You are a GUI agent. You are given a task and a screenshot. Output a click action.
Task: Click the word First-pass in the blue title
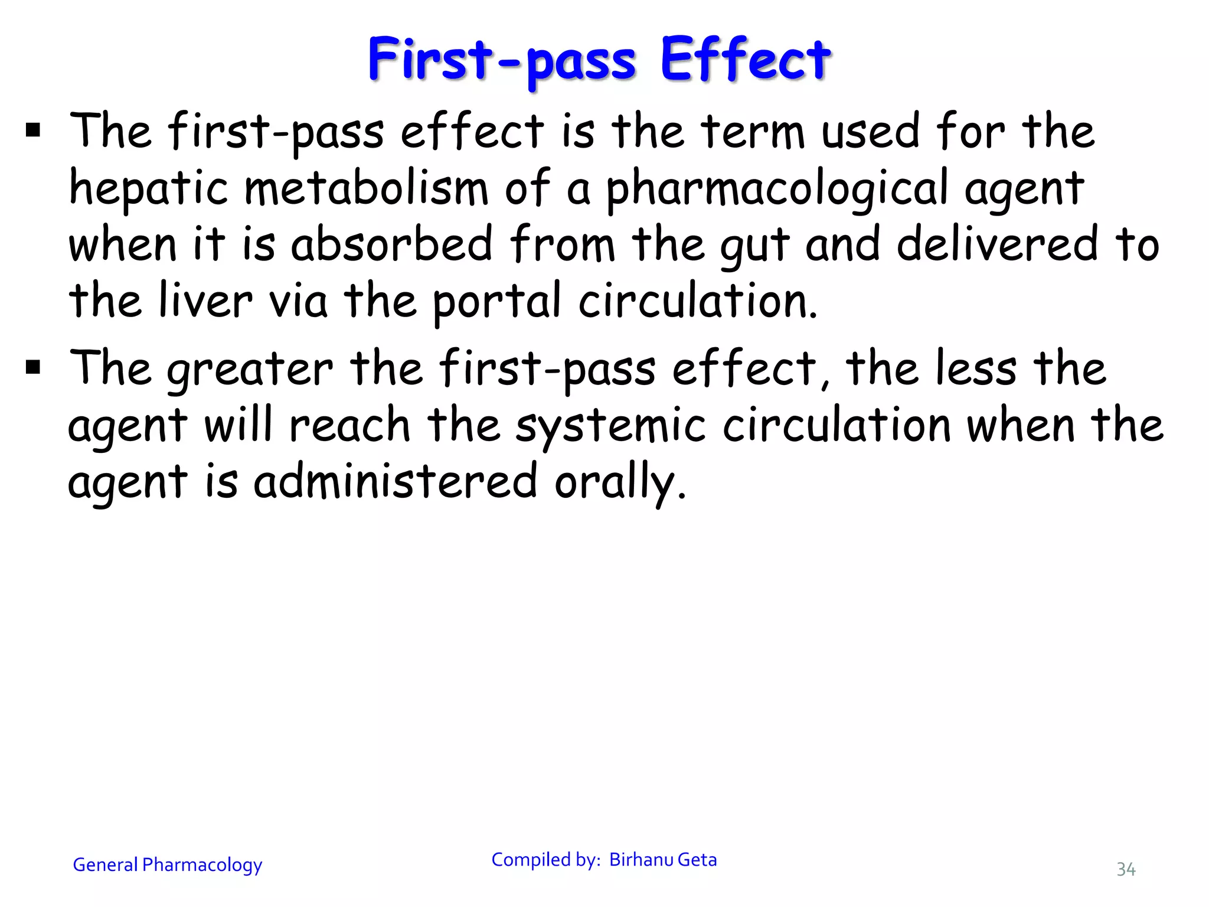point(502,60)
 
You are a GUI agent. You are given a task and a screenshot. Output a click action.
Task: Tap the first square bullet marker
point(33,129)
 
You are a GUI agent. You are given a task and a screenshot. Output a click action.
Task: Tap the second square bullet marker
point(33,367)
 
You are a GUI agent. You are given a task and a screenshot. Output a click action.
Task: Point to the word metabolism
point(366,188)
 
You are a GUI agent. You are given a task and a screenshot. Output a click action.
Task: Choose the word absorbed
point(391,244)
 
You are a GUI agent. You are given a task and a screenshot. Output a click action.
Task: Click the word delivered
point(997,244)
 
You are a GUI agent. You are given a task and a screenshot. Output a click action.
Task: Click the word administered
point(396,482)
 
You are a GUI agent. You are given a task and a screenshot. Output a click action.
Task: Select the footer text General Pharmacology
point(167,865)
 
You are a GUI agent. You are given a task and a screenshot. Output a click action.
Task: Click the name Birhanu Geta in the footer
point(663,860)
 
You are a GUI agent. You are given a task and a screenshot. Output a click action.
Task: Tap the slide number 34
point(1126,869)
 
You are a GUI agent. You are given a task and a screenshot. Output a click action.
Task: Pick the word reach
point(349,425)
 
